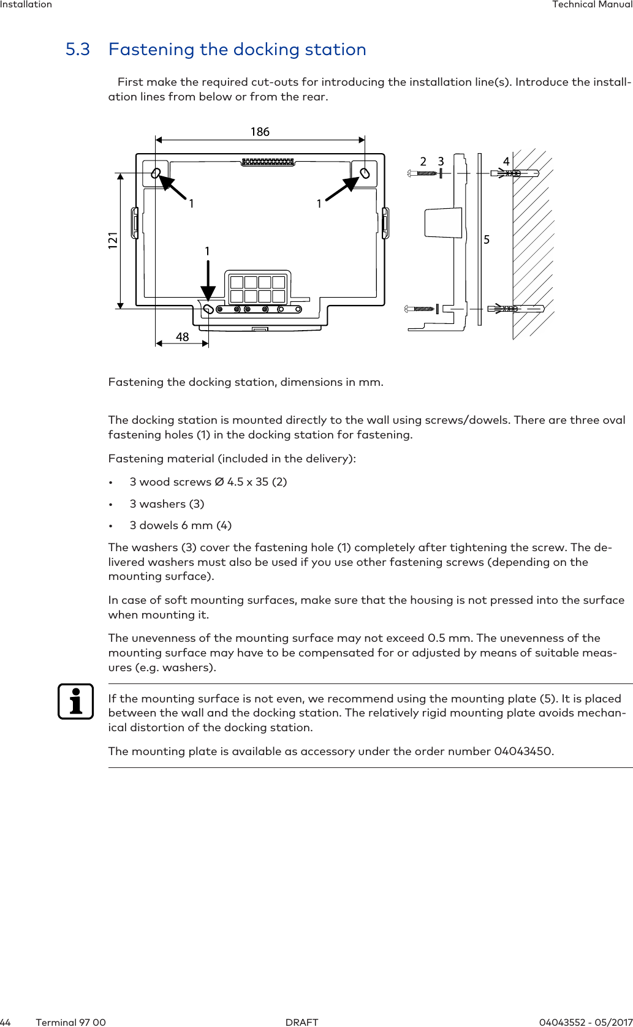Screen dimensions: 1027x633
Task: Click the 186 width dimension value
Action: (260, 132)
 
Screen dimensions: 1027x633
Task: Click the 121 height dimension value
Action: (113, 240)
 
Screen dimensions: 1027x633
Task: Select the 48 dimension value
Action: (182, 337)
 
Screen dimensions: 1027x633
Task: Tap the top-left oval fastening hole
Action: (156, 173)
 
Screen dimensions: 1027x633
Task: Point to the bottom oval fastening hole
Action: (208, 309)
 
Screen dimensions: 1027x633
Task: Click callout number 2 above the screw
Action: (423, 162)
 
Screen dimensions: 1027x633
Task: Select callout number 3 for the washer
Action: (441, 162)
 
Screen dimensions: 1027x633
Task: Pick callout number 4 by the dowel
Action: (506, 162)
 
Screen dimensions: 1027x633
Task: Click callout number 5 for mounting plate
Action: (487, 239)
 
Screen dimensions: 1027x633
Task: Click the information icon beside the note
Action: (76, 701)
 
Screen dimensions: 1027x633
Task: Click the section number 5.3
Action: (78, 50)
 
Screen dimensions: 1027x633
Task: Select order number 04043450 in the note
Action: (523, 751)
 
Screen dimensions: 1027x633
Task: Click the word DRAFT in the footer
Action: (302, 1022)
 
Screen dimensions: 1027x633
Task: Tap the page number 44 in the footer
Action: (6, 1022)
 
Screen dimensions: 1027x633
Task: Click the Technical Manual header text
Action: (592, 5)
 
